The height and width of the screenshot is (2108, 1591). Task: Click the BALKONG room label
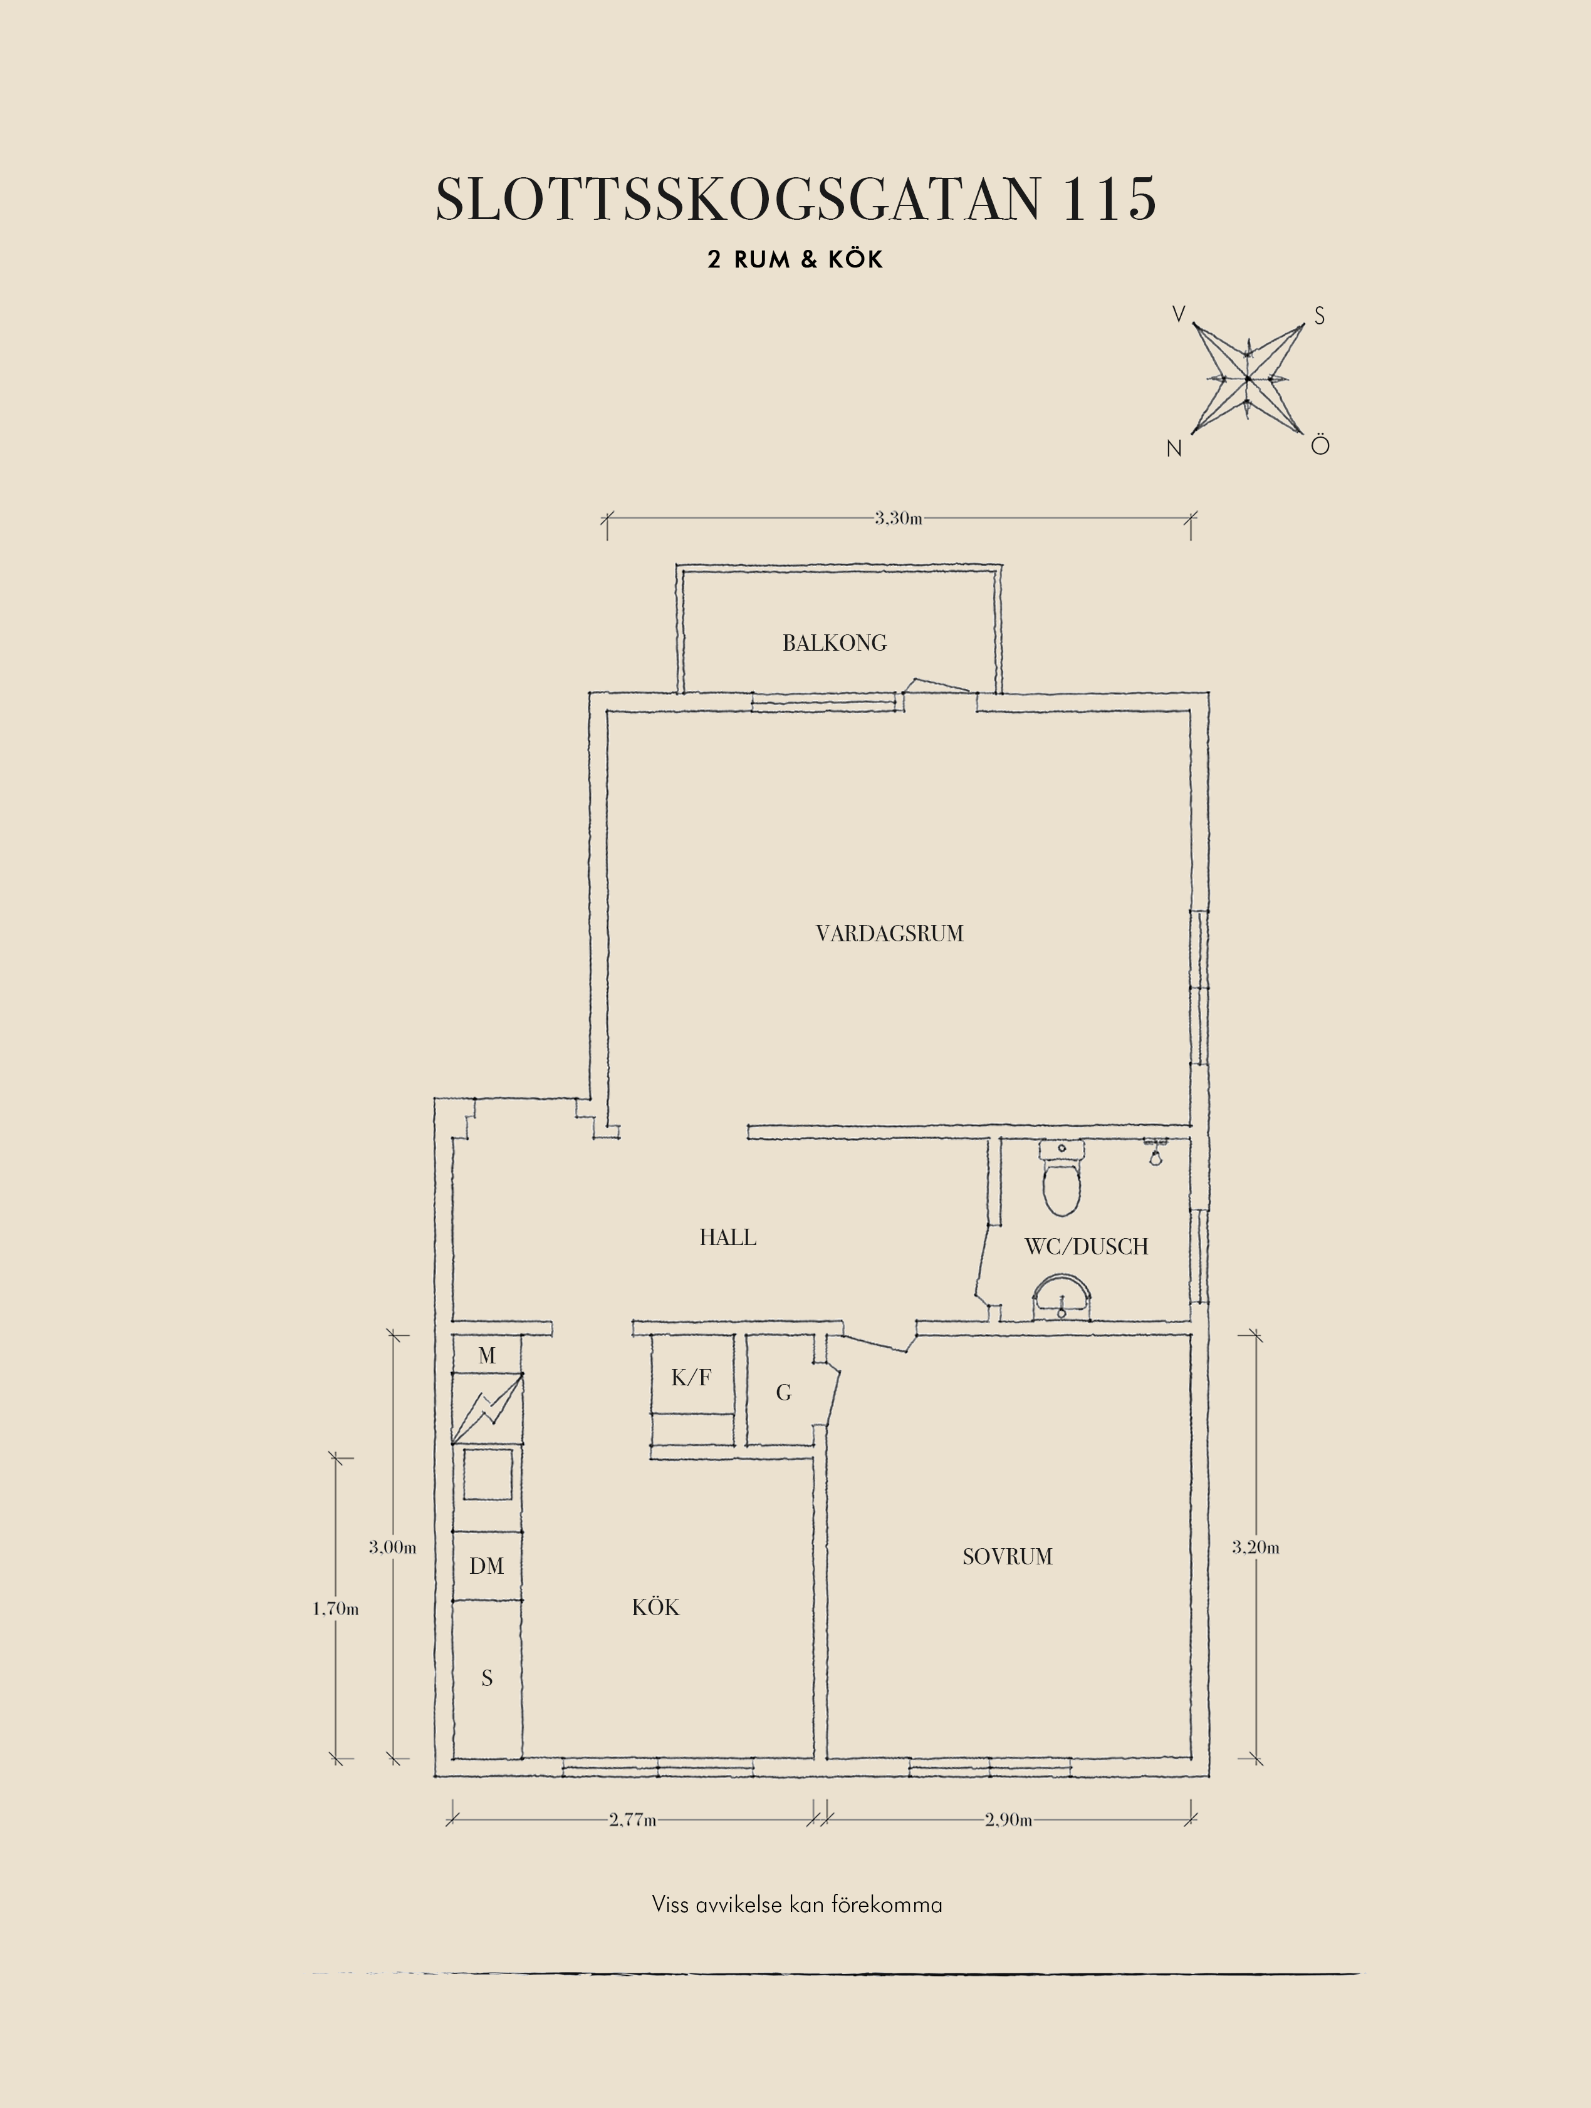pos(834,643)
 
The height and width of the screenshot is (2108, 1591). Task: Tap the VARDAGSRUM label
pos(889,934)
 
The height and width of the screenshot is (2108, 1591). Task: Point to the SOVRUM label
pos(1008,1557)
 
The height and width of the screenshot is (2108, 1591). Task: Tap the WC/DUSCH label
pos(1086,1246)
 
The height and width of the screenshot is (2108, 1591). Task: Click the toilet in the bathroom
pos(1062,1179)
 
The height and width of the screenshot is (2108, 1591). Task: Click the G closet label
pos(783,1393)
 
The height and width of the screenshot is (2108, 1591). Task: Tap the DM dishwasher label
pos(486,1566)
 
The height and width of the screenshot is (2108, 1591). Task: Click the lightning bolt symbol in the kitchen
pos(487,1408)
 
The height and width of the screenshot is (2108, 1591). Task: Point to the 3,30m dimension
pos(898,519)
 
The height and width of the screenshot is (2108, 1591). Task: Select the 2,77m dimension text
pos(633,1819)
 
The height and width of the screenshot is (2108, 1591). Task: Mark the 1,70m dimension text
pos(335,1609)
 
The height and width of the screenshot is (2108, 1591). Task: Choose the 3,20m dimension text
pos(1256,1547)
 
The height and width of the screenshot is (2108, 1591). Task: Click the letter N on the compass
pos(1174,449)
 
